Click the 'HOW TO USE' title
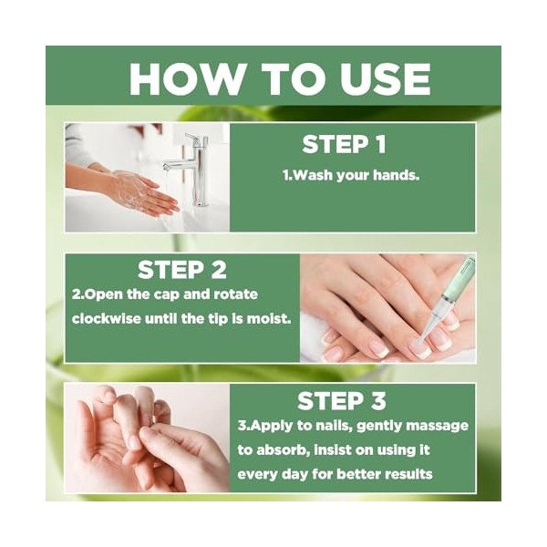point(279,78)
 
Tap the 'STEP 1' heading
point(344,144)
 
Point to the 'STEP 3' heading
point(343,401)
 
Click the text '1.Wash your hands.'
point(350,175)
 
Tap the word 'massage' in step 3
point(435,427)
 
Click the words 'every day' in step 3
point(271,474)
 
